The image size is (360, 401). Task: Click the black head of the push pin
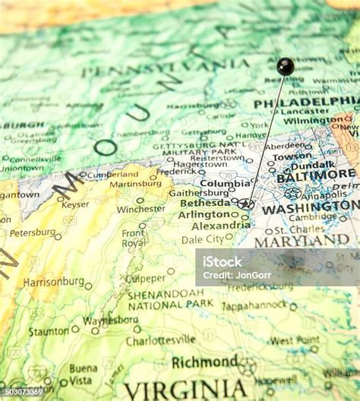click(285, 66)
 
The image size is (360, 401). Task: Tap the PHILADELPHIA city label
click(307, 103)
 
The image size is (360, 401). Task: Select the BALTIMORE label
click(316, 175)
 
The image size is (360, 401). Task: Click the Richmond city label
click(204, 362)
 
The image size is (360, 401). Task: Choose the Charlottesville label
click(160, 339)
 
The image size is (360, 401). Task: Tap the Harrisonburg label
click(53, 281)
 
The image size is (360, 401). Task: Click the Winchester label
click(141, 209)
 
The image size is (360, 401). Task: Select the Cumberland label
click(112, 174)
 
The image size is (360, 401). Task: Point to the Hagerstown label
click(199, 164)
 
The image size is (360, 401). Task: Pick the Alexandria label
click(220, 226)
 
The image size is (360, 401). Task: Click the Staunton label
click(49, 331)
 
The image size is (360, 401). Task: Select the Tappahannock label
click(254, 306)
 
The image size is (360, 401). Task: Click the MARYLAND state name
click(302, 241)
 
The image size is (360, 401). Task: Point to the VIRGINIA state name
click(186, 389)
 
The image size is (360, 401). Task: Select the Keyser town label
click(75, 204)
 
